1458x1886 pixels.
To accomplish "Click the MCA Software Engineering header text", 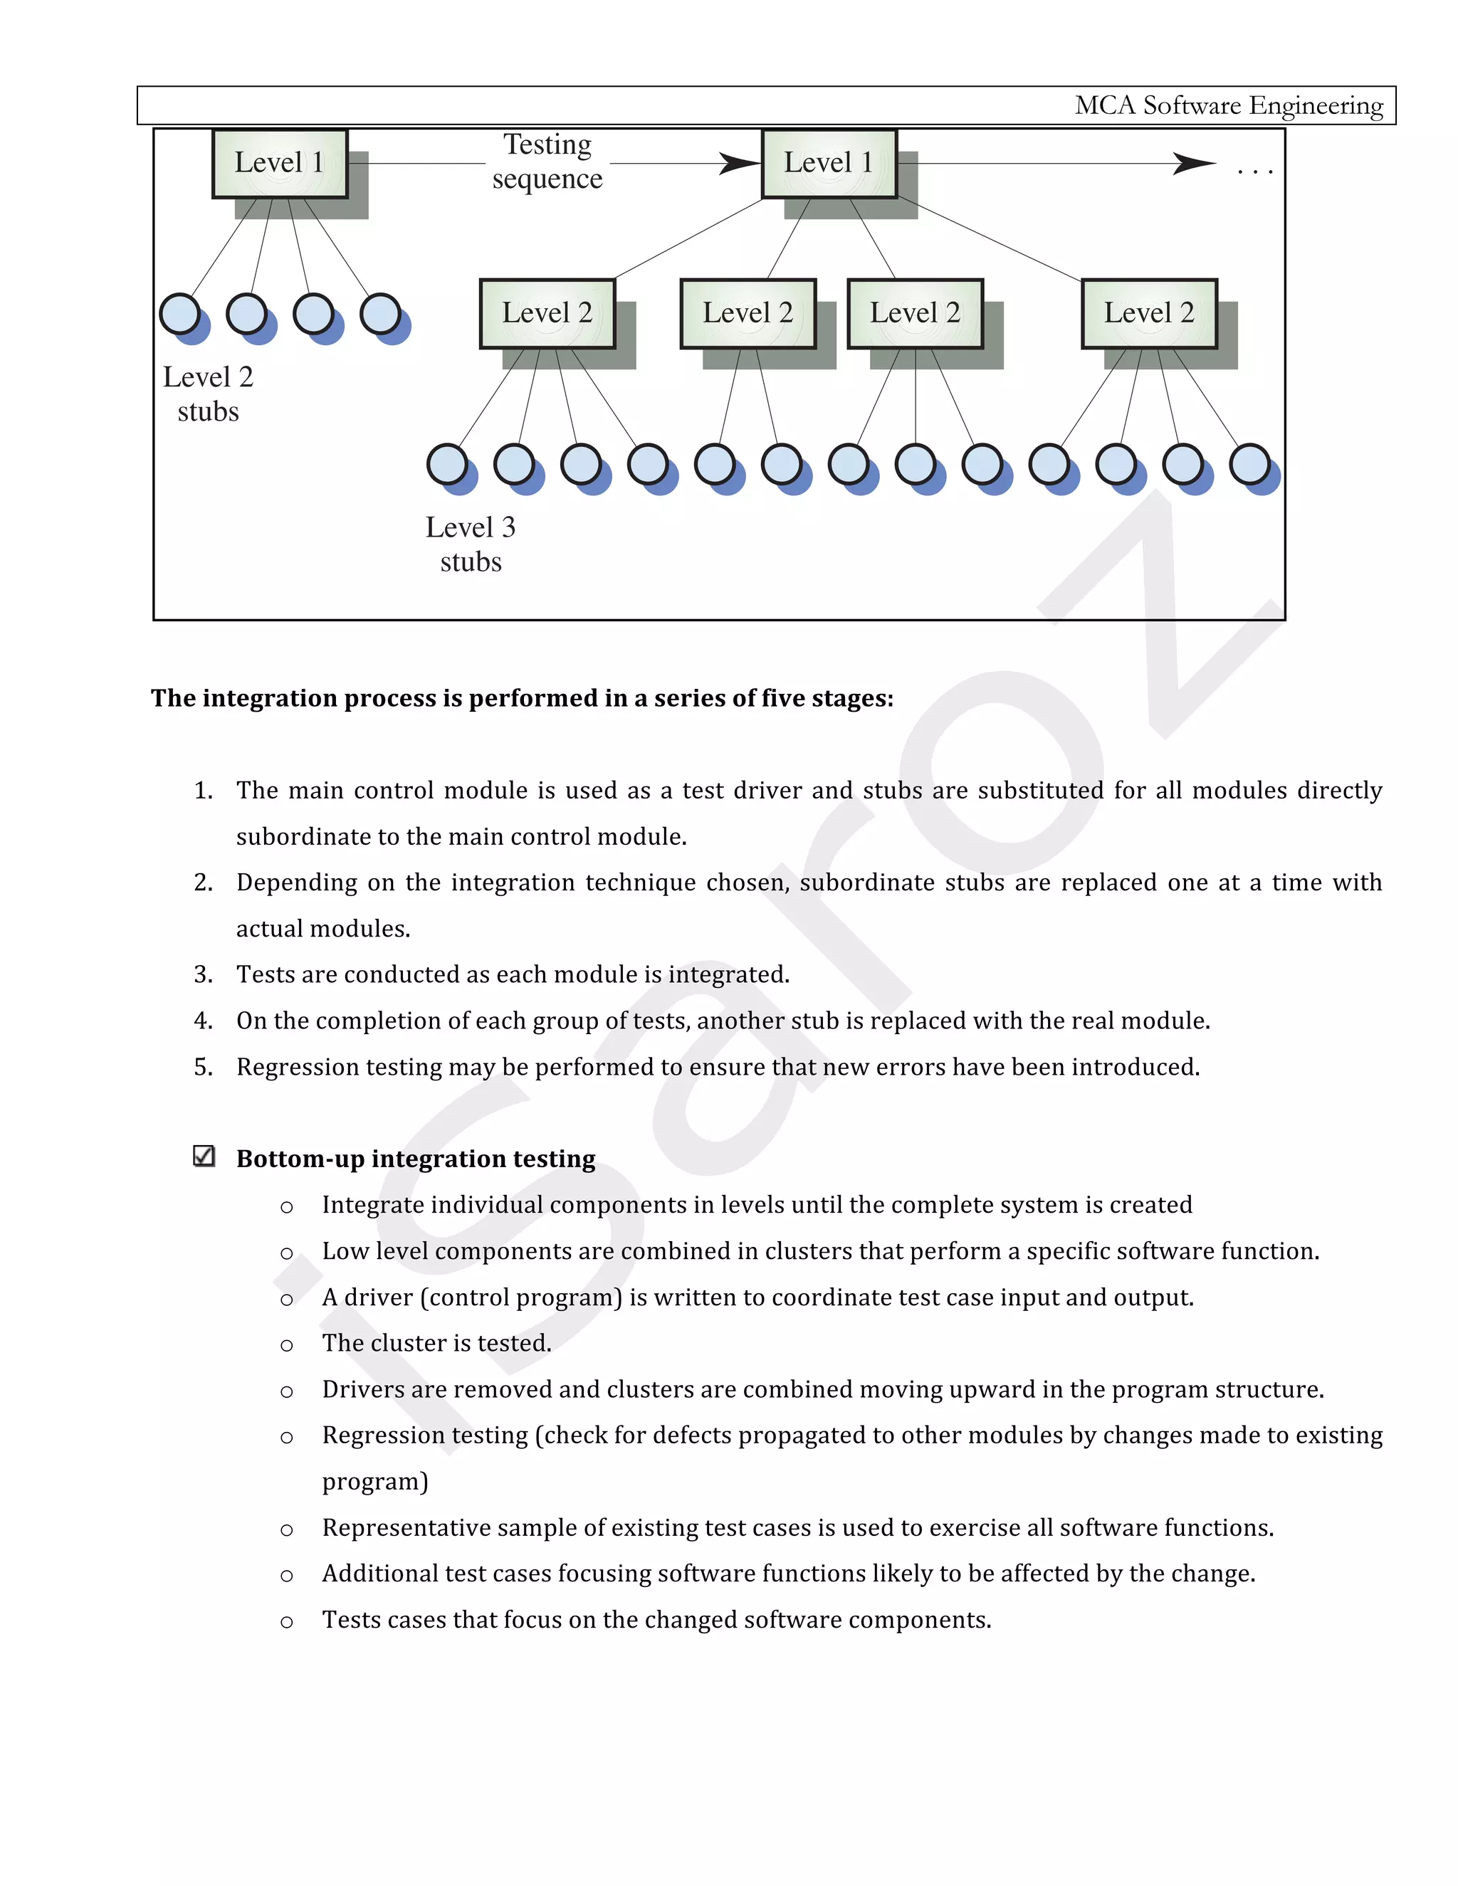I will pyautogui.click(x=1227, y=105).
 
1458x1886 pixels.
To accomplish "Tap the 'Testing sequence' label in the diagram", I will pyautogui.click(x=547, y=162).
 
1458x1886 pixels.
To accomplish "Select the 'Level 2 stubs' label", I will pyautogui.click(x=208, y=394).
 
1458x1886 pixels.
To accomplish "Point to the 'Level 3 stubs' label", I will pyautogui.click(x=470, y=544).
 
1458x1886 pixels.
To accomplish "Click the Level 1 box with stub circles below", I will pyautogui.click(x=280, y=163).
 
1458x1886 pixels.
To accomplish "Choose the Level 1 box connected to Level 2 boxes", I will pyautogui.click(x=829, y=163).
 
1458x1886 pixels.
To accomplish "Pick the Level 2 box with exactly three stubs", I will pyautogui.click(x=915, y=312).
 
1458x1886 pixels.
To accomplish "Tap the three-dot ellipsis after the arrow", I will pyautogui.click(x=1254, y=172).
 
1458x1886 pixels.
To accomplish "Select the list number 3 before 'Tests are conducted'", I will pyautogui.click(x=203, y=974).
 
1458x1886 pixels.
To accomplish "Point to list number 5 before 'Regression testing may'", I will pyautogui.click(x=203, y=1067).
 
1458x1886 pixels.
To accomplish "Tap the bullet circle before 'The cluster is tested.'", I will pyautogui.click(x=287, y=1345).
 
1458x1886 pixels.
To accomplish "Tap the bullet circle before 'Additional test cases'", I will pyautogui.click(x=287, y=1576).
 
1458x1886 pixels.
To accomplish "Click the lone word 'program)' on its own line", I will pyautogui.click(x=375, y=1482).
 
